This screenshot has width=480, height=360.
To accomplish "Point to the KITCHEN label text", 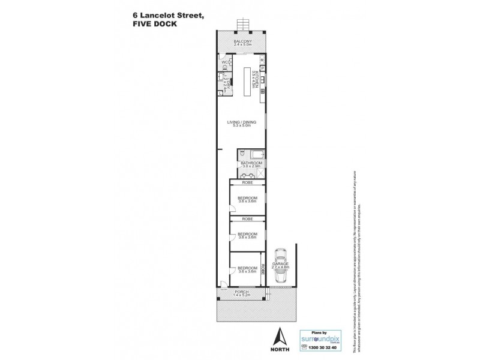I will click(x=256, y=79).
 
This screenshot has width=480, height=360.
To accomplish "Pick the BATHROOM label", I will click(x=250, y=163).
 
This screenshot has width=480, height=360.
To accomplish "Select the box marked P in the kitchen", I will click(x=262, y=68).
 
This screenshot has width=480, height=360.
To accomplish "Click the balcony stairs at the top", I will click(x=242, y=24).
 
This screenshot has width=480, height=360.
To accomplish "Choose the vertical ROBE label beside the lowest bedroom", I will click(x=263, y=269).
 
